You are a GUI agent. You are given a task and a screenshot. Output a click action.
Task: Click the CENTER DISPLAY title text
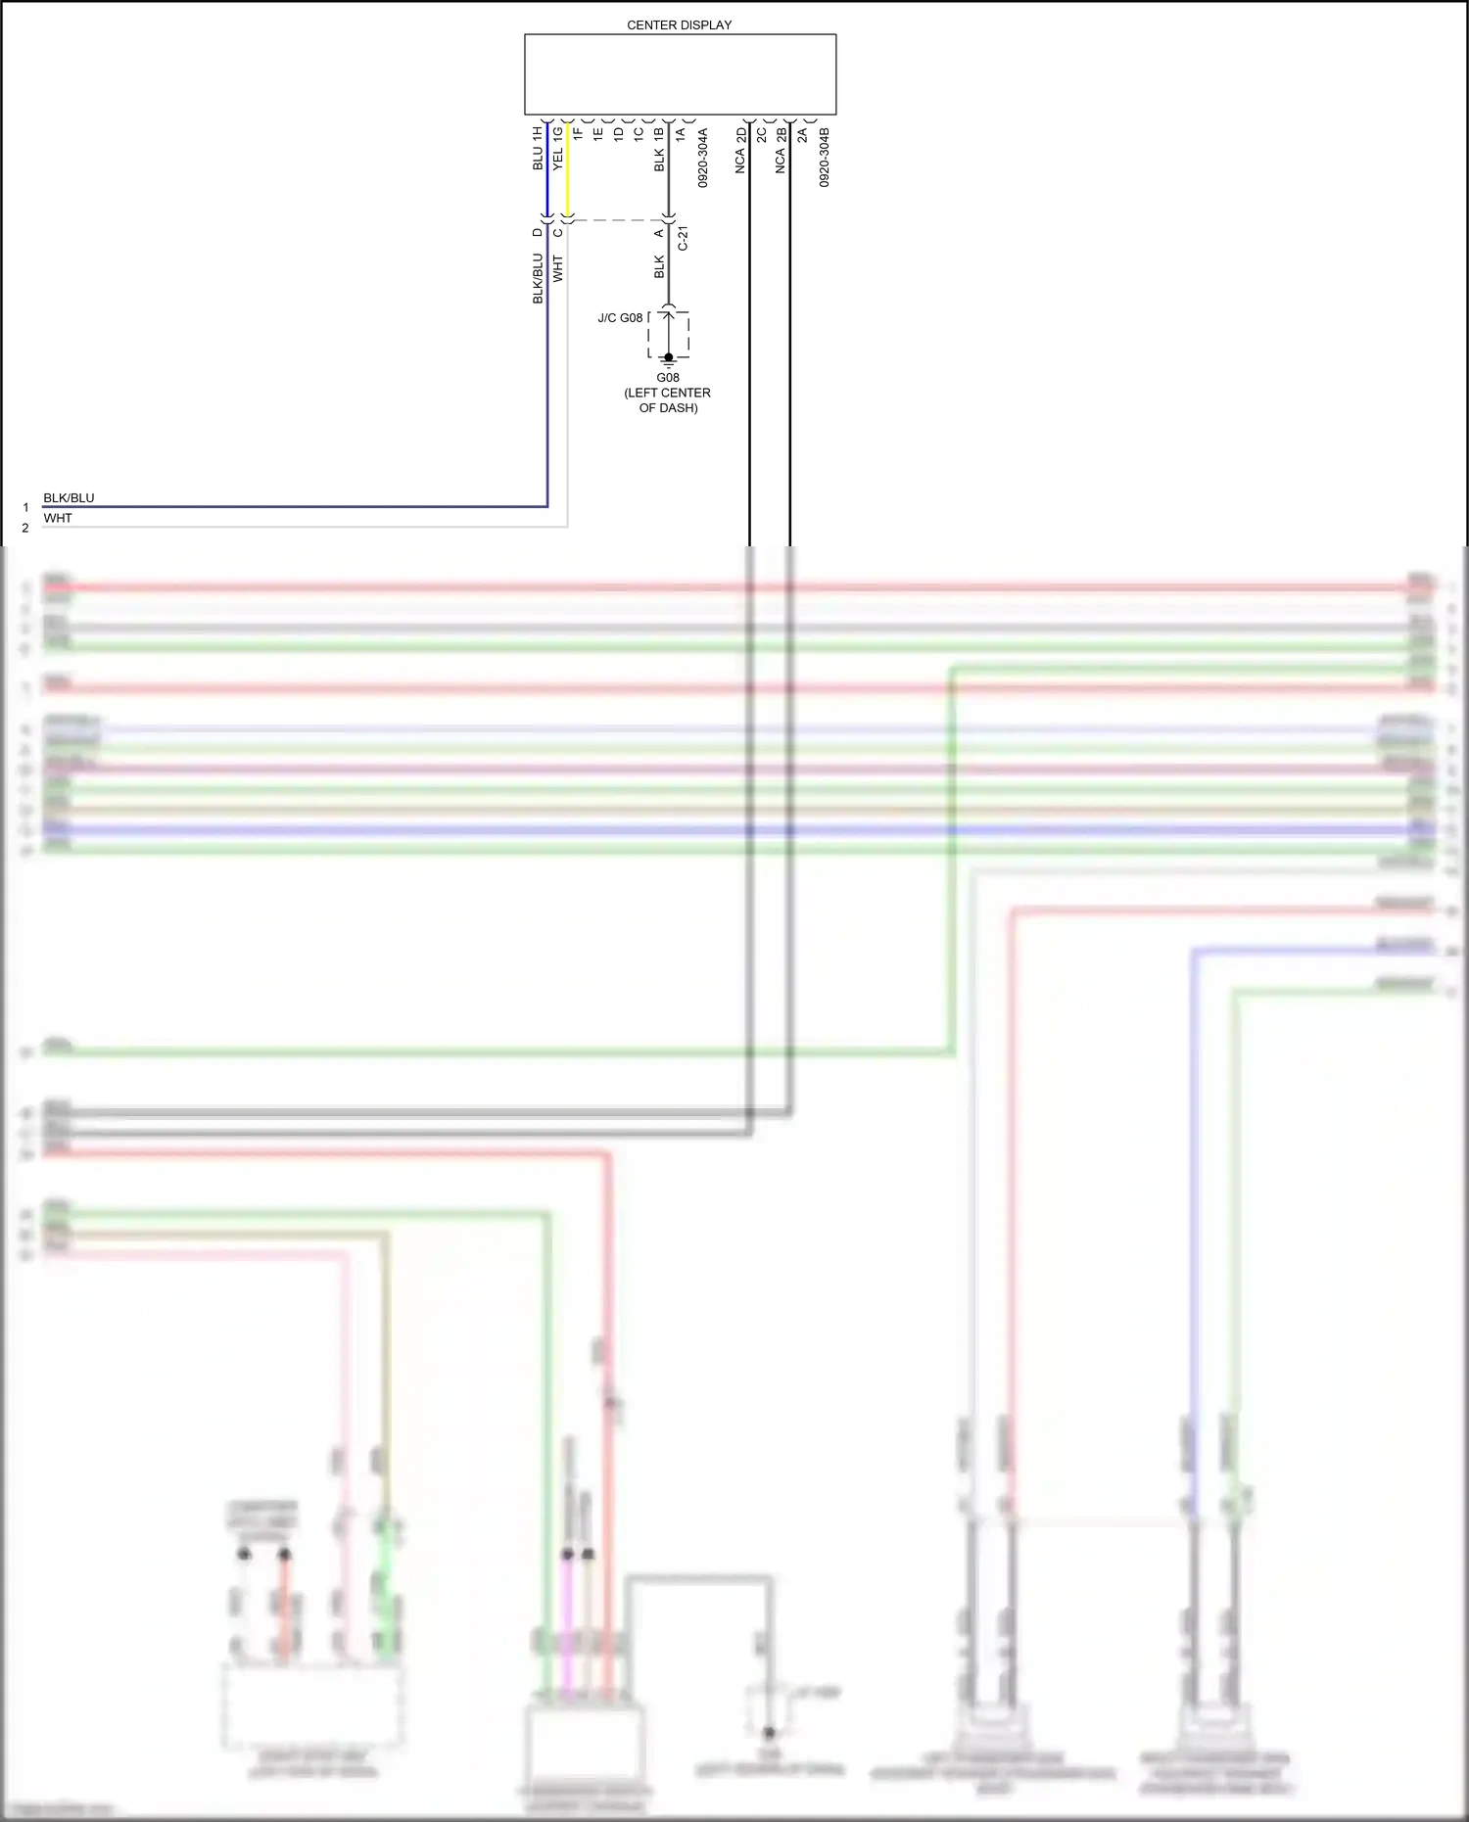click(x=679, y=24)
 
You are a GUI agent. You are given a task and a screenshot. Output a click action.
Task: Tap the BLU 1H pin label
click(x=538, y=148)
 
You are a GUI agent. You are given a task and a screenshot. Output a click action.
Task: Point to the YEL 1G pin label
click(x=558, y=148)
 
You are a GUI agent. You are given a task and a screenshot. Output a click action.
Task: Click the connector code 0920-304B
click(x=825, y=157)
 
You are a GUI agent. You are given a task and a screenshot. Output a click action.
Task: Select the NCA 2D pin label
click(x=740, y=150)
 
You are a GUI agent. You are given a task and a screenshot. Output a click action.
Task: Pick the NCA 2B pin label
click(x=781, y=150)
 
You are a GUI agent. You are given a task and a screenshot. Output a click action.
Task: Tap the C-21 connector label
click(x=684, y=238)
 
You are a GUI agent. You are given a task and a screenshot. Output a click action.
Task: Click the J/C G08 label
click(x=620, y=318)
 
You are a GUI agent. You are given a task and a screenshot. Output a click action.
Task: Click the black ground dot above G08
click(x=669, y=357)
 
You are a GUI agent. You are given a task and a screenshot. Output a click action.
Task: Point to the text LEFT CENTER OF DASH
click(x=668, y=399)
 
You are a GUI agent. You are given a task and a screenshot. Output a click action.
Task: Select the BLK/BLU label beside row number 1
click(x=69, y=498)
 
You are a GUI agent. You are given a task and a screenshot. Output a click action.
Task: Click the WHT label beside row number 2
click(x=58, y=518)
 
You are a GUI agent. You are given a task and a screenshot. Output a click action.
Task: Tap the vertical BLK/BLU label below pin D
click(x=538, y=278)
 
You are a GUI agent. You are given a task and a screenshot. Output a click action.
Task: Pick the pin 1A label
click(x=680, y=133)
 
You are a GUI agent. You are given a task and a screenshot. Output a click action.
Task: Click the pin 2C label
click(x=761, y=133)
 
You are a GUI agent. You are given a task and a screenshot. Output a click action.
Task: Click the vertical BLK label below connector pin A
click(x=659, y=266)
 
